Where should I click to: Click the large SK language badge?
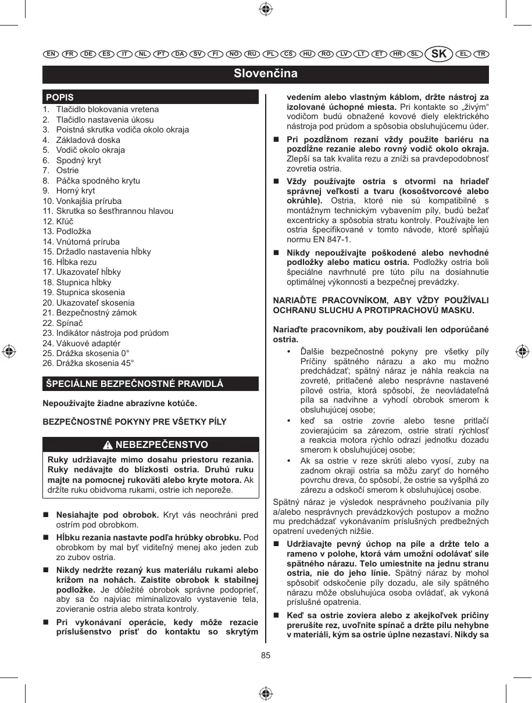(x=440, y=54)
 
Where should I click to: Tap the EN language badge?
(x=51, y=54)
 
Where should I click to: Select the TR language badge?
(x=481, y=54)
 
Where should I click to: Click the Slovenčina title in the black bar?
(x=266, y=74)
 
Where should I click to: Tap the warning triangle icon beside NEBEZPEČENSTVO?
(x=108, y=445)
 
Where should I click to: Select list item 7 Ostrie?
(x=67, y=170)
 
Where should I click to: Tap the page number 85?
(x=266, y=655)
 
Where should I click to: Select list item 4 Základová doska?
(x=87, y=140)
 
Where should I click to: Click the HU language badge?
(x=307, y=54)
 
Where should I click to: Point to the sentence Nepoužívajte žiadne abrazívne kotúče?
(x=120, y=403)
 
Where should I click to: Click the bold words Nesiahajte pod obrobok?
(x=108, y=515)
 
